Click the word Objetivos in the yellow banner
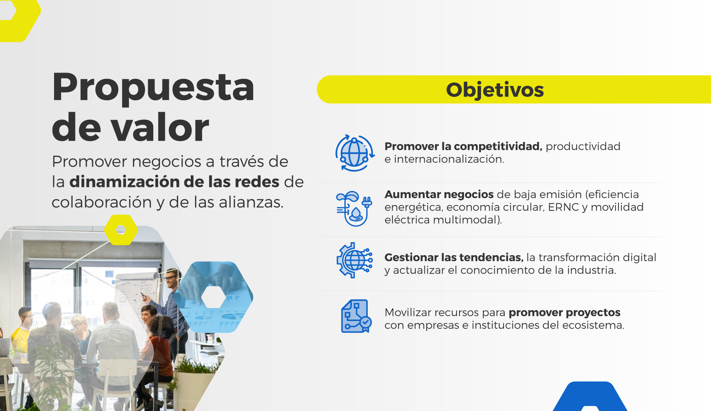(x=495, y=90)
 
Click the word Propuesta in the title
(x=153, y=87)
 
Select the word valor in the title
(x=160, y=128)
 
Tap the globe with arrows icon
(x=355, y=153)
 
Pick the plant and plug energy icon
(x=354, y=208)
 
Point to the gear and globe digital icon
(x=354, y=260)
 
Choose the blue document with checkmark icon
(x=356, y=316)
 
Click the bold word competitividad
(x=498, y=147)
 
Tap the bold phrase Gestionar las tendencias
(x=454, y=257)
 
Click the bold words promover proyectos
(x=564, y=313)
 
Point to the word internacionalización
(x=449, y=159)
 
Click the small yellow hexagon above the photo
(x=121, y=230)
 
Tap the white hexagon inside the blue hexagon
(x=213, y=297)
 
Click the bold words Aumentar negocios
(x=439, y=194)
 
